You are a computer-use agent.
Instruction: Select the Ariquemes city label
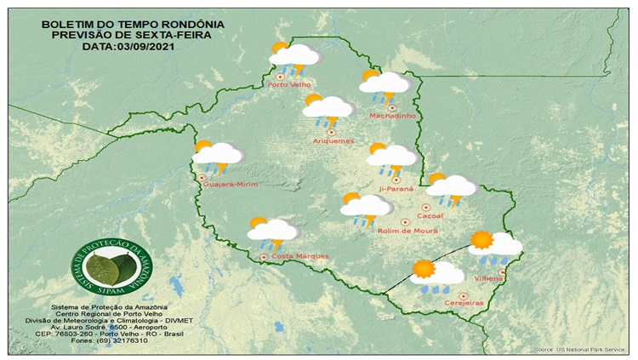(333, 140)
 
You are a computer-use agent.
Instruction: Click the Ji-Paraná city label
(396, 188)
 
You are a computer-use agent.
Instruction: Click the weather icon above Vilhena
(494, 247)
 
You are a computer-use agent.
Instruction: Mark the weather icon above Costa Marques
(271, 231)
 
